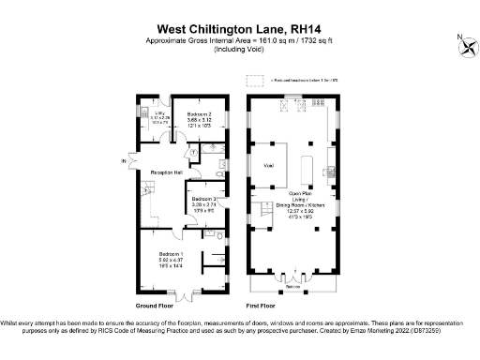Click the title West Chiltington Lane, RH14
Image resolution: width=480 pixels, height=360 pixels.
(x=239, y=29)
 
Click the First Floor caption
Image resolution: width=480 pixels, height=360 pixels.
(x=260, y=307)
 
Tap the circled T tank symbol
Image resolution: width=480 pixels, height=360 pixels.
(x=192, y=152)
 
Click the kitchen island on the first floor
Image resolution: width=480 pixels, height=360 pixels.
(x=307, y=172)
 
